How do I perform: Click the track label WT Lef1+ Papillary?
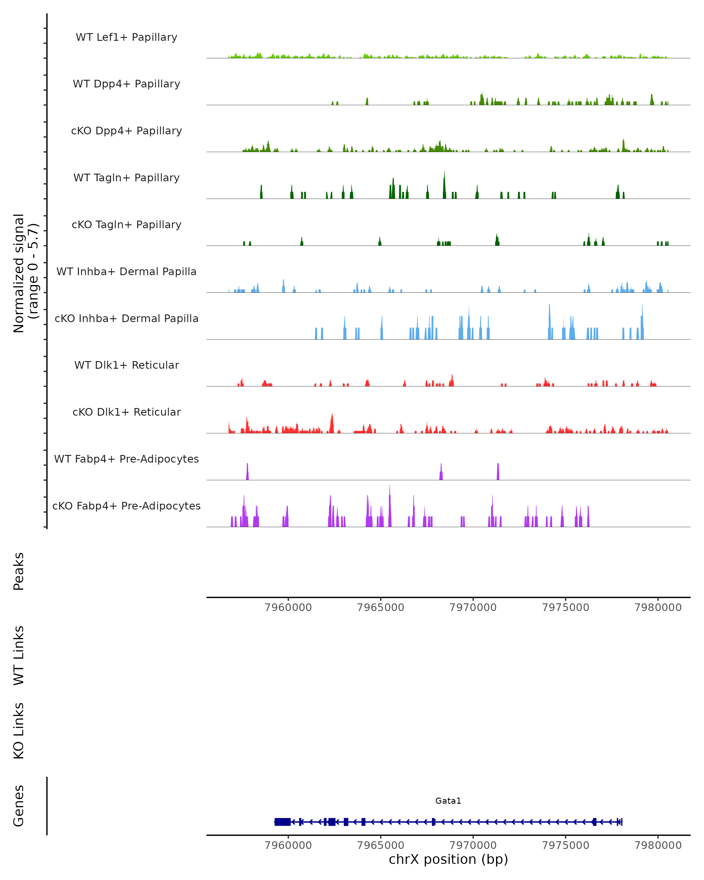pos(126,37)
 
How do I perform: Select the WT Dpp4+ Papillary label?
pos(126,84)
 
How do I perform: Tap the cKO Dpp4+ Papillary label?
pos(126,131)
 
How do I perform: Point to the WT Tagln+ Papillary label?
pos(126,178)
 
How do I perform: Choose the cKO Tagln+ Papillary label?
pos(126,225)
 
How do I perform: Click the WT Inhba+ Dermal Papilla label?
pos(126,272)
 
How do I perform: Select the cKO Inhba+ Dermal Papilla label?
pos(126,319)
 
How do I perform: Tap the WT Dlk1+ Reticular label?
pos(126,365)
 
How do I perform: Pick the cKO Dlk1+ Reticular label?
pos(126,412)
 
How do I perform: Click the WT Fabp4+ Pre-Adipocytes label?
pos(126,459)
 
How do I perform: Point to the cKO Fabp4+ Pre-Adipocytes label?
pos(126,506)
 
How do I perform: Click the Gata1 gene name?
pos(448,801)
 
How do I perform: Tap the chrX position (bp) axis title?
pos(448,859)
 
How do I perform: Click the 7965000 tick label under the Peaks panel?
pos(380,607)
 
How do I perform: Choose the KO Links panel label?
pos(19,731)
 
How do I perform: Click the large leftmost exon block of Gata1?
pos(282,822)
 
